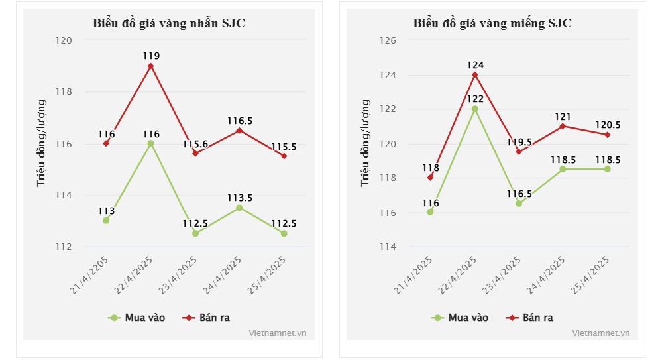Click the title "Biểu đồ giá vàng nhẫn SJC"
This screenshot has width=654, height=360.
(x=168, y=24)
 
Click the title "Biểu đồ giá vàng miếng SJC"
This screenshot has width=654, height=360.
(x=492, y=24)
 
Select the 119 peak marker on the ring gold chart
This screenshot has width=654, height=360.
(x=151, y=66)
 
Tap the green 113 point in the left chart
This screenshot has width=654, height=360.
(x=106, y=221)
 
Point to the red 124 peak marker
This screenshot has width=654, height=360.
(x=475, y=74)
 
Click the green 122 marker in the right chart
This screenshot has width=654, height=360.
(x=475, y=109)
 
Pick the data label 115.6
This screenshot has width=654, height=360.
(x=195, y=143)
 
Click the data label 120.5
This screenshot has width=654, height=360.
(x=607, y=124)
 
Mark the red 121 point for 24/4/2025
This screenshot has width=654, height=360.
(x=563, y=126)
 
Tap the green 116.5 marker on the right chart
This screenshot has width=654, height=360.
(x=519, y=204)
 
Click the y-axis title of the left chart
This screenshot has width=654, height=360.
(x=41, y=143)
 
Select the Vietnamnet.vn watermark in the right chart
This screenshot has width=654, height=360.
(x=600, y=333)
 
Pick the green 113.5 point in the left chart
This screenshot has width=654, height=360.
(x=240, y=208)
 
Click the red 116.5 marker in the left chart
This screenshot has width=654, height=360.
(x=240, y=130)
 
